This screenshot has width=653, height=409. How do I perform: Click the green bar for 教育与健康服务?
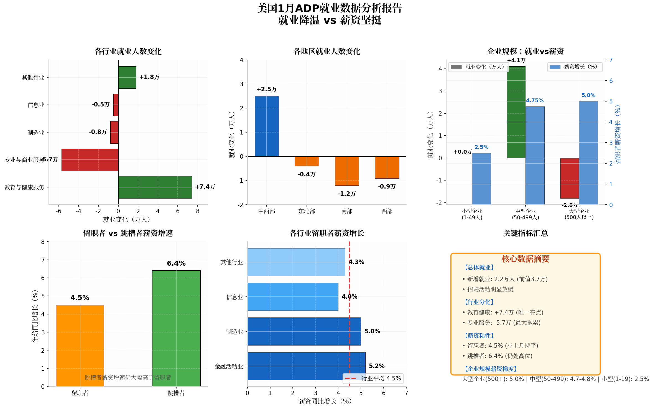coord(155,187)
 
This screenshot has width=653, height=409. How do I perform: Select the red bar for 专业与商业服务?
coord(90,160)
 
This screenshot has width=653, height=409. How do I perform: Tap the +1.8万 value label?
coord(149,77)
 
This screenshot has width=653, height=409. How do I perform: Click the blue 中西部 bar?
coord(267,126)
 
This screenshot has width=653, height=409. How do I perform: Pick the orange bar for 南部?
coord(347,171)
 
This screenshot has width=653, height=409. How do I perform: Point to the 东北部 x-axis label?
coord(307,211)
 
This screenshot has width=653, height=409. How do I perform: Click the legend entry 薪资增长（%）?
coord(575,67)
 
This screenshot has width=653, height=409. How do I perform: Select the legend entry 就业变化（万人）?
coord(479,67)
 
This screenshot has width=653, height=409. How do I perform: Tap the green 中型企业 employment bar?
coord(516,112)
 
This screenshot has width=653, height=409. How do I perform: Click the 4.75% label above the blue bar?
coord(535,101)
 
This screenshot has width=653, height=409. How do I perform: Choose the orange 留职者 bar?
coord(80,346)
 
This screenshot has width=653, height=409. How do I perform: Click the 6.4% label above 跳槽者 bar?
coord(176,263)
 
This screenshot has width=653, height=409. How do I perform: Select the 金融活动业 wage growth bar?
coord(306,366)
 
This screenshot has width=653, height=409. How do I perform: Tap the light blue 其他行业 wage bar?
coord(296,262)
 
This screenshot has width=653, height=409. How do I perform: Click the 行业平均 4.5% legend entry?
coord(373,378)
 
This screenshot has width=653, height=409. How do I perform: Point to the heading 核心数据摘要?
coord(525,259)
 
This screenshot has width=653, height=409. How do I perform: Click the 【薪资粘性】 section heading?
coord(478,336)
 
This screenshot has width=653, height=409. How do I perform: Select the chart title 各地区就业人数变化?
coord(327,51)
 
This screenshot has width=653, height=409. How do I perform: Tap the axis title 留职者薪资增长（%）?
coord(618,134)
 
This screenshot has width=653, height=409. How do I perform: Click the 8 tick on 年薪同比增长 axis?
coord(43,242)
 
